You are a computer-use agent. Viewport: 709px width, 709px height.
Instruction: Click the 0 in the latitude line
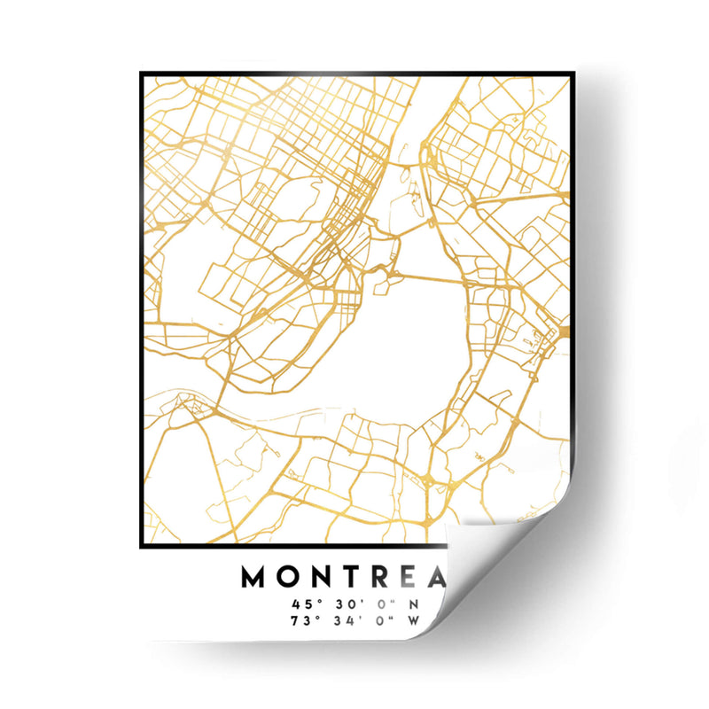(378, 604)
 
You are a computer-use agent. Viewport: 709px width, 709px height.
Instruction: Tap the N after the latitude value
(413, 604)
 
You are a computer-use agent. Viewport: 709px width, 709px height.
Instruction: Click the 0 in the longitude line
(378, 620)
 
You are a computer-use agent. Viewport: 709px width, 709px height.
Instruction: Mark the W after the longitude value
(414, 620)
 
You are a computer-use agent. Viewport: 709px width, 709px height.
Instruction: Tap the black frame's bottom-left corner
(142, 546)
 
